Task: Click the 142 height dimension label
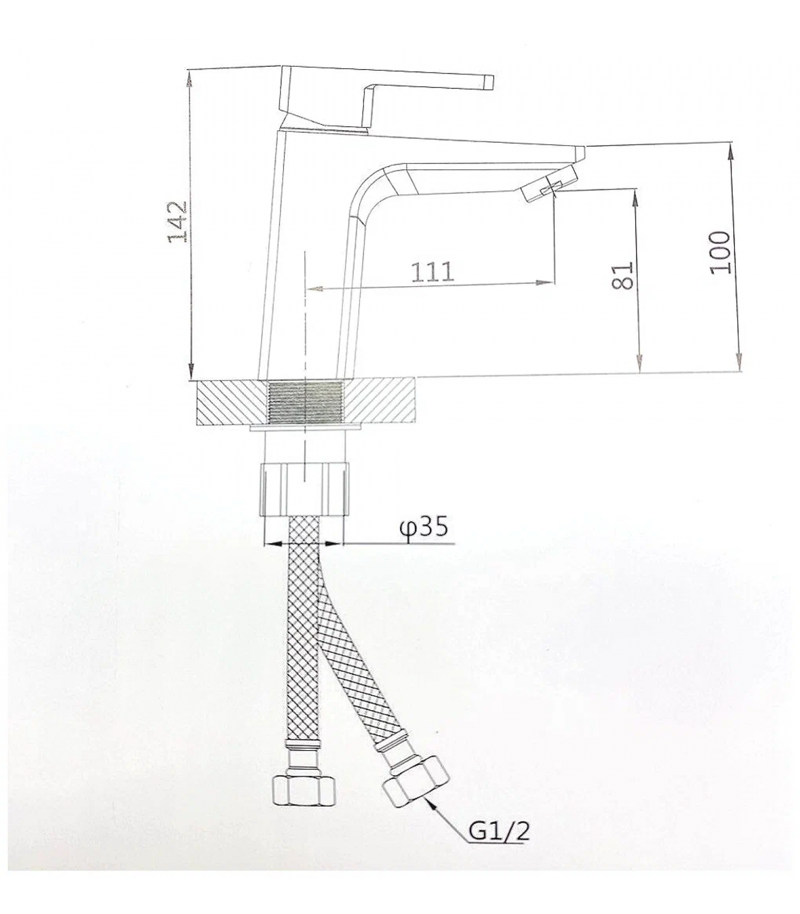[x=178, y=221]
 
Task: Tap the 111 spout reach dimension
[x=433, y=272]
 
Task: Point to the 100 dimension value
[x=721, y=252]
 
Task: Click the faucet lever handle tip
[x=489, y=82]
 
